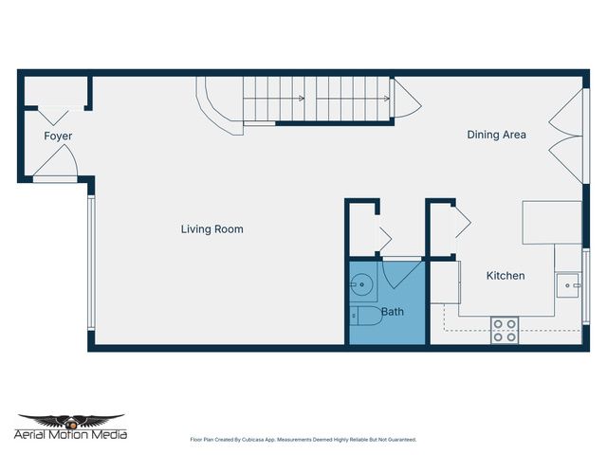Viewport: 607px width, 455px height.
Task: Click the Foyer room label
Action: click(x=58, y=136)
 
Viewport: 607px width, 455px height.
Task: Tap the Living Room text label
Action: click(x=212, y=229)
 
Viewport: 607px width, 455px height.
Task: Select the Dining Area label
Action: click(x=496, y=135)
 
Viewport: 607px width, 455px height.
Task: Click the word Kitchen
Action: click(x=506, y=276)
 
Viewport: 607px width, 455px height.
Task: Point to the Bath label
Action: click(x=393, y=311)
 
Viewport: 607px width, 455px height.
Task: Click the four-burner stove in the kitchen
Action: click(x=505, y=330)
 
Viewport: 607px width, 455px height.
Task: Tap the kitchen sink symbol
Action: click(x=569, y=282)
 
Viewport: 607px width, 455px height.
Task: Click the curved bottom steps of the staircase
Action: click(x=220, y=105)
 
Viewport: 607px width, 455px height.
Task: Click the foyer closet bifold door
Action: click(x=54, y=113)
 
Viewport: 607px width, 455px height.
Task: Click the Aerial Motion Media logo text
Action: click(x=71, y=435)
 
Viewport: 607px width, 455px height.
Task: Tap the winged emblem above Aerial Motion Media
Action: click(x=71, y=420)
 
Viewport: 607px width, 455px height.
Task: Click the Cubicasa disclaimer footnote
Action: click(x=303, y=440)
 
